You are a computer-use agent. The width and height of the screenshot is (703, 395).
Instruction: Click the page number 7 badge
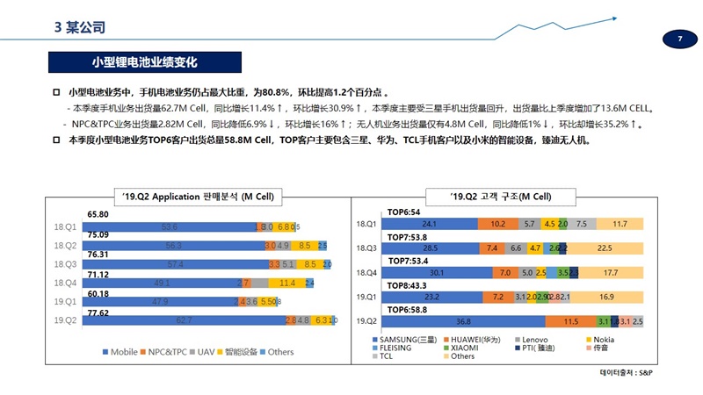point(679,38)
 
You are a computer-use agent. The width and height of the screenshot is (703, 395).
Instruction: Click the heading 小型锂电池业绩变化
point(144,63)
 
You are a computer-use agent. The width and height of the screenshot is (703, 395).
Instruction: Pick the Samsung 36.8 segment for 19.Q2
point(463,320)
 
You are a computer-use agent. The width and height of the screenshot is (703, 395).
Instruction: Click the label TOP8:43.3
point(408,285)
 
